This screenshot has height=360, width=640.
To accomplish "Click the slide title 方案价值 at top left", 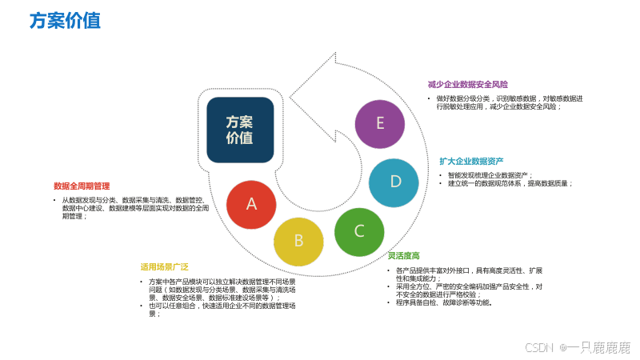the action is coord(65,21).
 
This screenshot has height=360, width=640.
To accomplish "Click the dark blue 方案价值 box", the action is coord(240,130).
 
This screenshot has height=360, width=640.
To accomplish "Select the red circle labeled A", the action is coord(251,204).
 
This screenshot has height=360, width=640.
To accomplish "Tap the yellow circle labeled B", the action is coord(298,240).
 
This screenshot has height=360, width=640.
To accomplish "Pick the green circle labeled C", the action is coord(359,231).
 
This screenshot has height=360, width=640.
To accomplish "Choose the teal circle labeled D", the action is coord(394,182).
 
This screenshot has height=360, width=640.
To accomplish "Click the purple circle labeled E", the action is coord(380,123).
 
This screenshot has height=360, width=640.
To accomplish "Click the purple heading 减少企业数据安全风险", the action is coord(468,84).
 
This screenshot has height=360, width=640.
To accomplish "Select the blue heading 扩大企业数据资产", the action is coord(471,161).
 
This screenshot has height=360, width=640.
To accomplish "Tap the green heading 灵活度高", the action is coord(404,256).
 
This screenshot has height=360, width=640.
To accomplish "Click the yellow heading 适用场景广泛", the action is coord(165,266).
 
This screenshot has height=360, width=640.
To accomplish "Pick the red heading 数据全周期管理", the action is coord(82,186).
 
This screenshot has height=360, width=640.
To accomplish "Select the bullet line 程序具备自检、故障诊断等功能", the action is coord(444,303).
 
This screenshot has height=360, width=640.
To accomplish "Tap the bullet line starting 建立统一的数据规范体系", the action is coord(510,183).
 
